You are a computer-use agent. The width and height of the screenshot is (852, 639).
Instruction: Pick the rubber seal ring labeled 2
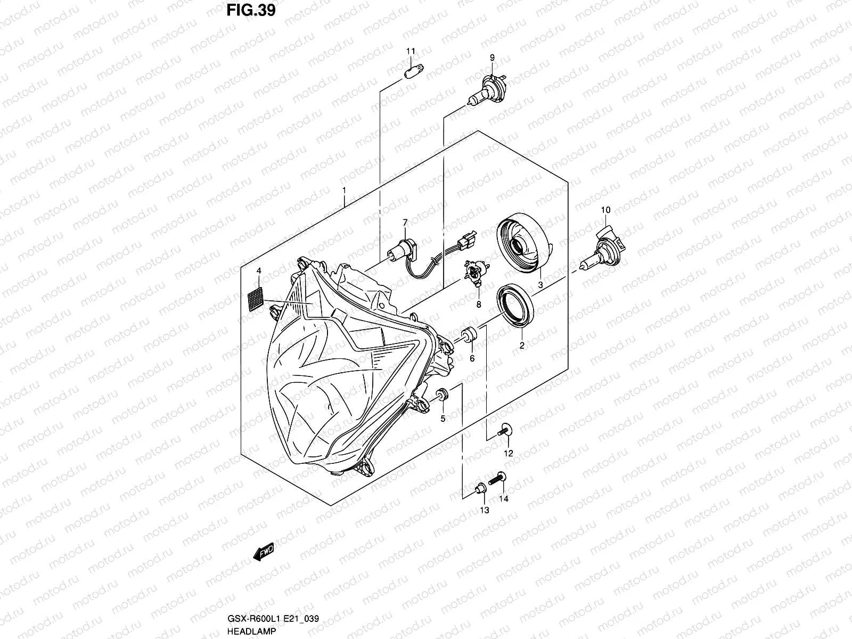pos(515,307)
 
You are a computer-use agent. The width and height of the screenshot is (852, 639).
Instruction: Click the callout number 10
pos(605,210)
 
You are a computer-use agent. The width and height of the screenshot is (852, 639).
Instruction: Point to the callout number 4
pos(259,271)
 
